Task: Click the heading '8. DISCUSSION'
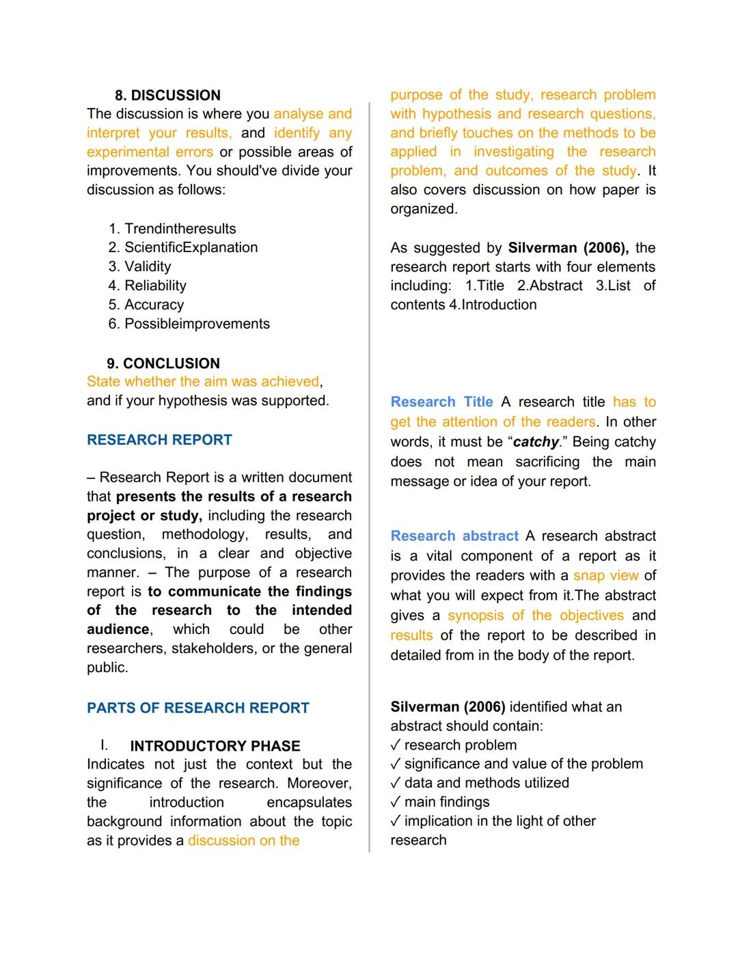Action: [167, 96]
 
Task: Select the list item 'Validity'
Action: [148, 267]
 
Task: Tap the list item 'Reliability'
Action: [155, 286]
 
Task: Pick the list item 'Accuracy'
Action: [154, 305]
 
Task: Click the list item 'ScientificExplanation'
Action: [191, 248]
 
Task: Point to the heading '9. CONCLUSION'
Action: [163, 363]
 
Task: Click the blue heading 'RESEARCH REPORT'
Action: [159, 440]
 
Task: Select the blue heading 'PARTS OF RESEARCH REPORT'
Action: [197, 708]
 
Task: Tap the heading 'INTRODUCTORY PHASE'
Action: [215, 746]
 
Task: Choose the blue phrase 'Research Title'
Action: [441, 402]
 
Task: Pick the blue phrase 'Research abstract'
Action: [454, 536]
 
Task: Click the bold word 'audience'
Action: [118, 629]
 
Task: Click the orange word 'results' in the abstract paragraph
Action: [411, 636]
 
